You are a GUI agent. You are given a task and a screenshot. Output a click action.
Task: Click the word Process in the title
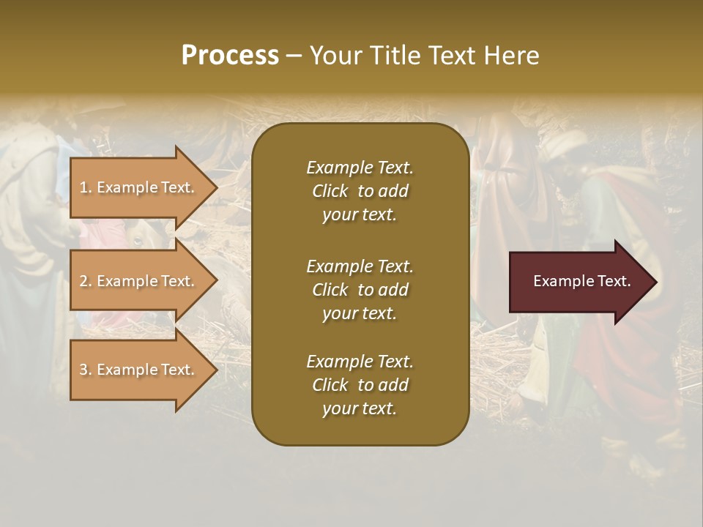click(230, 56)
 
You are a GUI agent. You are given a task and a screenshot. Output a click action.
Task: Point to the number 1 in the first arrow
click(83, 187)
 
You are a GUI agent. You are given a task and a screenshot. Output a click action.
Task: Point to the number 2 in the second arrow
click(83, 281)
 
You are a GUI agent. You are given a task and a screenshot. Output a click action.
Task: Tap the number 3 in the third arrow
click(83, 370)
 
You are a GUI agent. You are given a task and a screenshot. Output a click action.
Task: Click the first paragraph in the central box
click(360, 191)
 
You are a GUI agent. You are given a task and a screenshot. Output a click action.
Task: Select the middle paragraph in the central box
click(360, 289)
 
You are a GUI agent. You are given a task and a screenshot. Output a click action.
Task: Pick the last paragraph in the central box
click(360, 385)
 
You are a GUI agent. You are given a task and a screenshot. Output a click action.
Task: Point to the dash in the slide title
click(294, 56)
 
